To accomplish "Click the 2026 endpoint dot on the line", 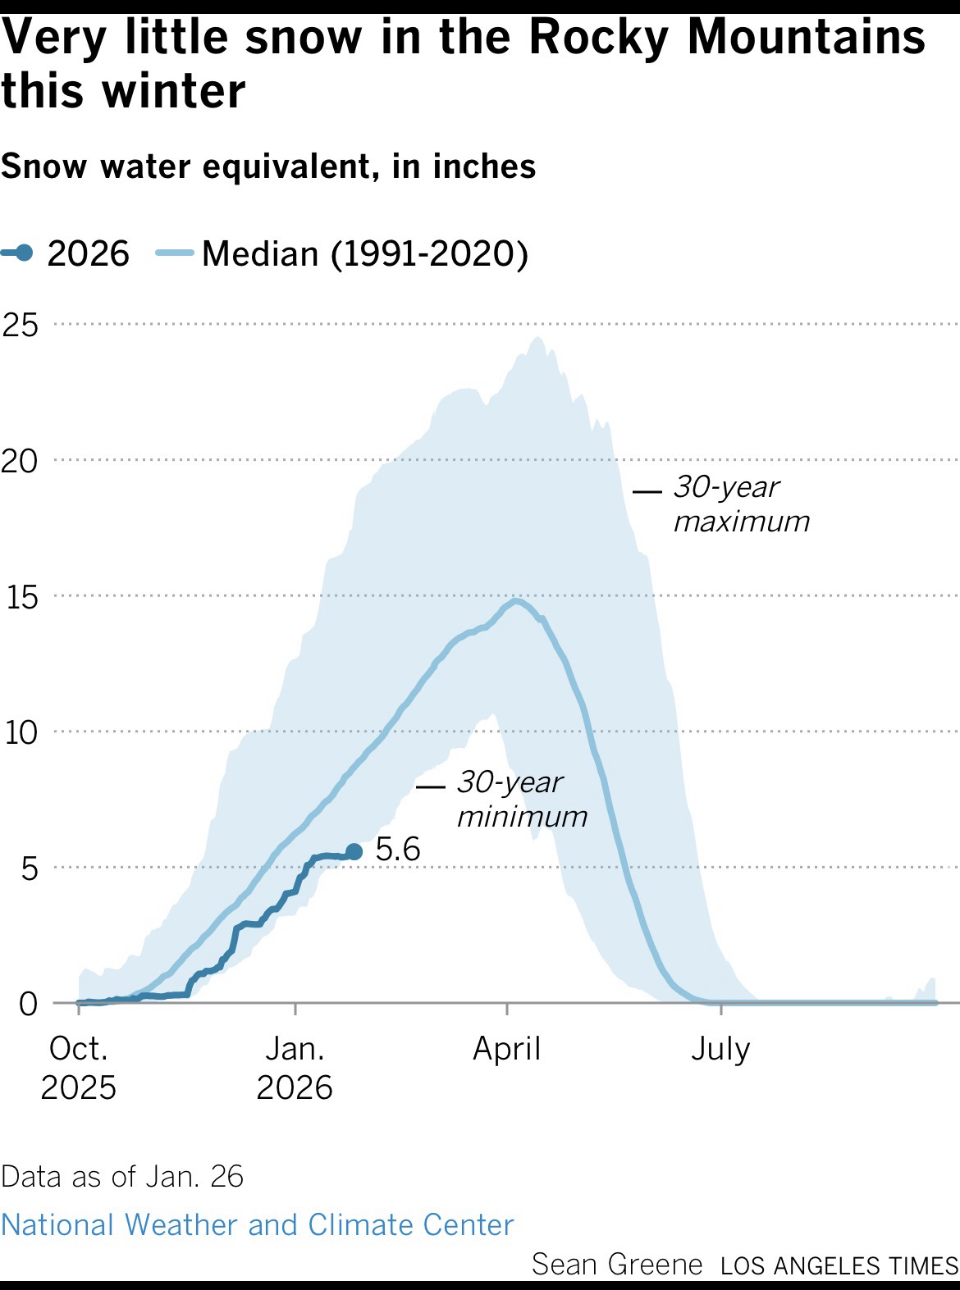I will coord(354,852).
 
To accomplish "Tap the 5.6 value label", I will coord(398,850).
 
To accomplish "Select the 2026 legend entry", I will coord(66,253).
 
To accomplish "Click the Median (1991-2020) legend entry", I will coord(343,253).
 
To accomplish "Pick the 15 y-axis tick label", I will coord(22,597).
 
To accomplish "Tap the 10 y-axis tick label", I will coord(22,732).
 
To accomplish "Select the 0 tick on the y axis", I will coord(29,1003).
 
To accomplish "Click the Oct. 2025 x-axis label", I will coord(78,1068).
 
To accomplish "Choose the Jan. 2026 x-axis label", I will coord(295,1068).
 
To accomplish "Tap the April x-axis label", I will coord(506,1049).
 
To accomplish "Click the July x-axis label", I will coord(720,1049).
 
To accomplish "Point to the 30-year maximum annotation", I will coord(741,504).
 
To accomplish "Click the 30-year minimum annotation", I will coord(522,799).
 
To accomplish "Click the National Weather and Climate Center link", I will coord(257,1224).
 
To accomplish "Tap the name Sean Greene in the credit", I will coord(617,1264).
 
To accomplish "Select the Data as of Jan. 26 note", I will coord(122,1176).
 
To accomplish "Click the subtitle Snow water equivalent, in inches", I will coord(268,166).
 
